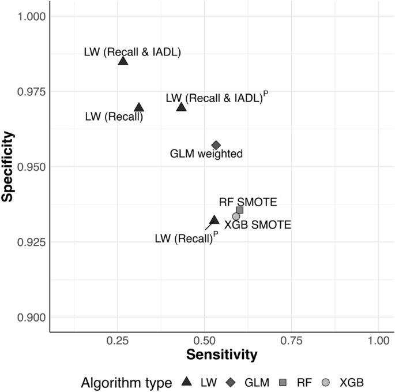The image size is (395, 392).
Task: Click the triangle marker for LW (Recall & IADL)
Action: pyautogui.click(x=123, y=61)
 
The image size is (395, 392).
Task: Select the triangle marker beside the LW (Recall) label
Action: pyautogui.click(x=138, y=107)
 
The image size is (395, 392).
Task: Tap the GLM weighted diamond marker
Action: pyautogui.click(x=216, y=145)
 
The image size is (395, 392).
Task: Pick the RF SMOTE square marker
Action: pyautogui.click(x=239, y=210)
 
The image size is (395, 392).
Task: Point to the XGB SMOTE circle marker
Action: pyautogui.click(x=236, y=216)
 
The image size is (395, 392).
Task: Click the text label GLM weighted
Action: pyautogui.click(x=206, y=154)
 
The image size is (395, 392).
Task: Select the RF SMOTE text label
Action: pyautogui.click(x=248, y=202)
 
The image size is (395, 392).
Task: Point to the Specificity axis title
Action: pyautogui.click(x=8, y=167)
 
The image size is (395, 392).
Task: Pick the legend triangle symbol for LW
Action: pyautogui.click(x=186, y=382)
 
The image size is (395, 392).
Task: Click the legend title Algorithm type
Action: pyautogui.click(x=126, y=382)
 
